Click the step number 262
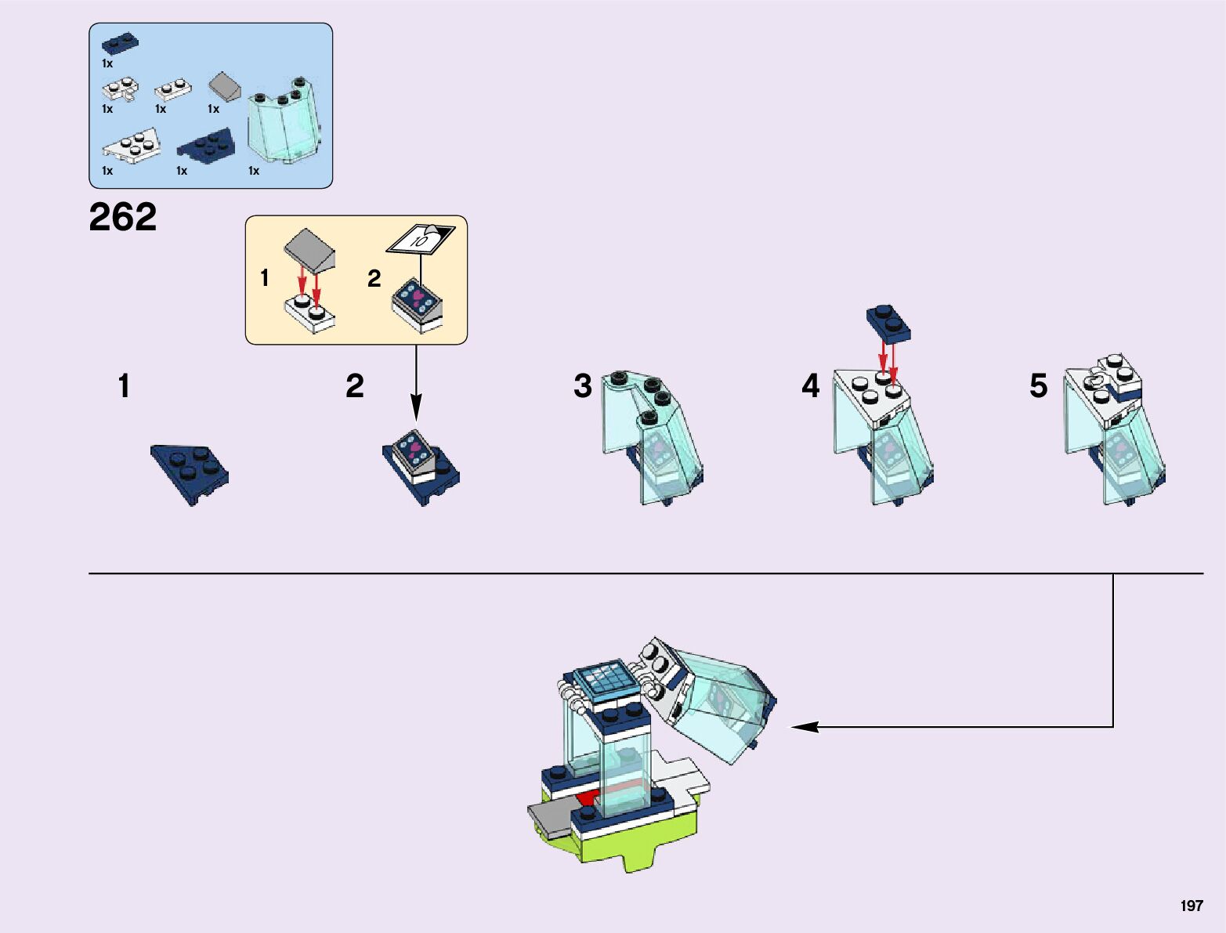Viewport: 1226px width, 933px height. pos(123,217)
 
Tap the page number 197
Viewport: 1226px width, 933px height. pos(1191,906)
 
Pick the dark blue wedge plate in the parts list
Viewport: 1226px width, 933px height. pos(205,145)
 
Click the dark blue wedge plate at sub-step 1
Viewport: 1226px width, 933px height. pos(190,470)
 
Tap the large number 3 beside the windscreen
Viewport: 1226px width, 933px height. pos(582,386)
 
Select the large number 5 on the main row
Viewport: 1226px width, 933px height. pos(1038,386)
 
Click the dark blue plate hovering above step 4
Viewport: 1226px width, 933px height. pos(889,323)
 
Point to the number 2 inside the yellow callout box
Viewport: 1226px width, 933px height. pos(374,278)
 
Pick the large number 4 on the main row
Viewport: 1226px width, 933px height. pos(810,386)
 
